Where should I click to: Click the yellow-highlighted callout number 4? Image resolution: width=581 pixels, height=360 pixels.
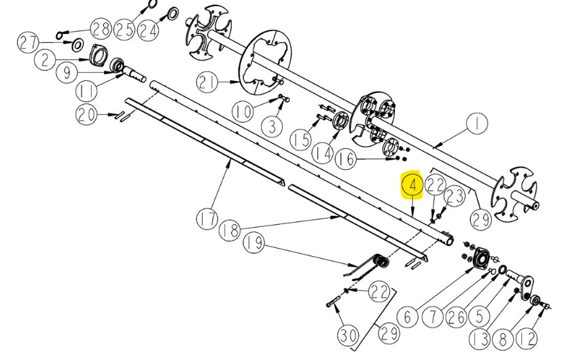pyautogui.click(x=412, y=185)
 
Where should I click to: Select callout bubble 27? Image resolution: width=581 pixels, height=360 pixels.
pyautogui.click(x=28, y=43)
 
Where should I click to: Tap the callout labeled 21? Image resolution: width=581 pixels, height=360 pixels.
pyautogui.click(x=207, y=82)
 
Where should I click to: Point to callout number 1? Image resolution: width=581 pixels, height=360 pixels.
pyautogui.click(x=476, y=124)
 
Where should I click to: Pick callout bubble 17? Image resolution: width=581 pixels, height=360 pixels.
pyautogui.click(x=207, y=219)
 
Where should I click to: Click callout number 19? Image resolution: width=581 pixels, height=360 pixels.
pyautogui.click(x=254, y=242)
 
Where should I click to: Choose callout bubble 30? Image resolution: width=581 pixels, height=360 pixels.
pyautogui.click(x=349, y=336)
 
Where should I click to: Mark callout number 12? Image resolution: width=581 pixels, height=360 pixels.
pyautogui.click(x=527, y=339)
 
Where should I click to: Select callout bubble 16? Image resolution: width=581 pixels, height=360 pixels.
pyautogui.click(x=346, y=159)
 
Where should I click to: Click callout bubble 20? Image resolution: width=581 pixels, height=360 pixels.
pyautogui.click(x=86, y=115)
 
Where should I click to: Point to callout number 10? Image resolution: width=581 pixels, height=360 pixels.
pyautogui.click(x=243, y=111)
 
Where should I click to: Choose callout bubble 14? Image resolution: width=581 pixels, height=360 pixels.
pyautogui.click(x=322, y=153)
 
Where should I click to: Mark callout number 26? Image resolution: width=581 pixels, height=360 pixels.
pyautogui.click(x=456, y=318)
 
